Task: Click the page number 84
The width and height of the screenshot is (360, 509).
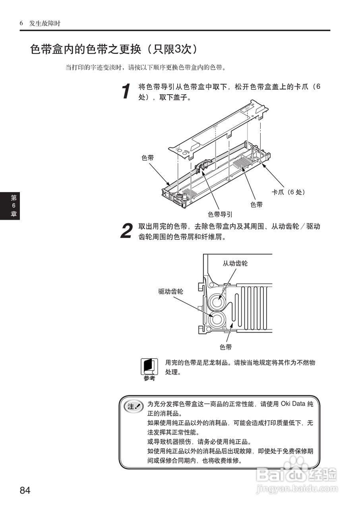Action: tap(25, 490)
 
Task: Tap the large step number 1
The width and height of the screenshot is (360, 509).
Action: tap(126, 91)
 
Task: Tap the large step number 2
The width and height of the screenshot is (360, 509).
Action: tap(126, 231)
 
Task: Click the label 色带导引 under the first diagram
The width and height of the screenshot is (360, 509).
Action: tap(220, 214)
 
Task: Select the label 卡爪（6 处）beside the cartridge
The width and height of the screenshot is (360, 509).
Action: tap(288, 192)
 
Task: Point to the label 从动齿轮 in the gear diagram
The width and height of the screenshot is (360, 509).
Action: tap(235, 263)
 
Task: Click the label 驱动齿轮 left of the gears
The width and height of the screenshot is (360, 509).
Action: tap(171, 291)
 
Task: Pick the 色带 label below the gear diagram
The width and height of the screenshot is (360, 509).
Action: tap(226, 347)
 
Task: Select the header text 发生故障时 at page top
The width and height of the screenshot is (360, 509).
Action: tap(45, 23)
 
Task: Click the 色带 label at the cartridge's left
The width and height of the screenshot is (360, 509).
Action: tap(148, 158)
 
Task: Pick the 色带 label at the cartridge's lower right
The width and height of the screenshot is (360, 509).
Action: tap(256, 204)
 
